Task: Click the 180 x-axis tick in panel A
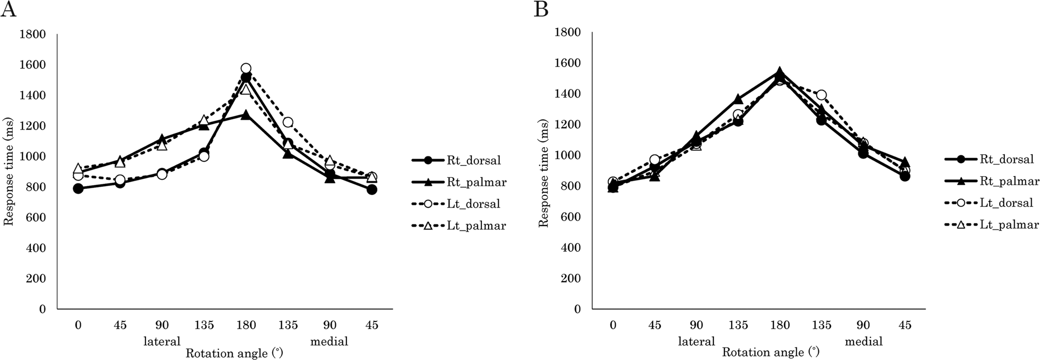click(x=246, y=325)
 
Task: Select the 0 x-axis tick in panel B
click(x=612, y=325)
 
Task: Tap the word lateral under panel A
click(x=162, y=341)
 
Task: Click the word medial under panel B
click(x=864, y=341)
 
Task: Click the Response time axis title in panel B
click(x=543, y=170)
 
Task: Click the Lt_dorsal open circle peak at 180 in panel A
click(x=246, y=69)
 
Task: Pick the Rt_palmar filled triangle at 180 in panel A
click(x=246, y=115)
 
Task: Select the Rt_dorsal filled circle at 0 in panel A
click(x=78, y=188)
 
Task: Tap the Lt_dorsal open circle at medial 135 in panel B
click(x=821, y=95)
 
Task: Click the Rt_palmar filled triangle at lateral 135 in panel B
click(x=738, y=99)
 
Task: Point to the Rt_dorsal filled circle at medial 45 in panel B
click(x=905, y=176)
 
